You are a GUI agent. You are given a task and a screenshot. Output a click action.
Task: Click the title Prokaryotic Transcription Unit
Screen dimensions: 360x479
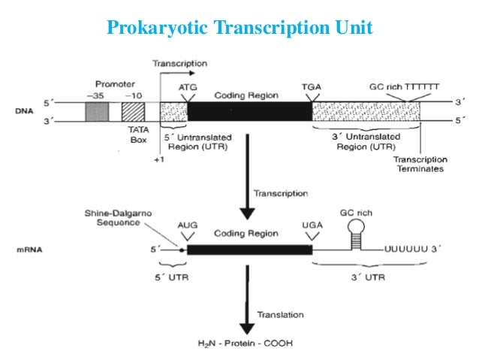[x=239, y=28]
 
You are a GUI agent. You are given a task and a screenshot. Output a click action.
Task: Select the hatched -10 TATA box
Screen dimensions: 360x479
[x=134, y=111]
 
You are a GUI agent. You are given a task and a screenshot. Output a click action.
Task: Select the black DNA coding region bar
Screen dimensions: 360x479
[x=249, y=111]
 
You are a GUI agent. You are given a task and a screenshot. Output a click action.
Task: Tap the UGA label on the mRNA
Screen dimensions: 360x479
[x=309, y=225]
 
